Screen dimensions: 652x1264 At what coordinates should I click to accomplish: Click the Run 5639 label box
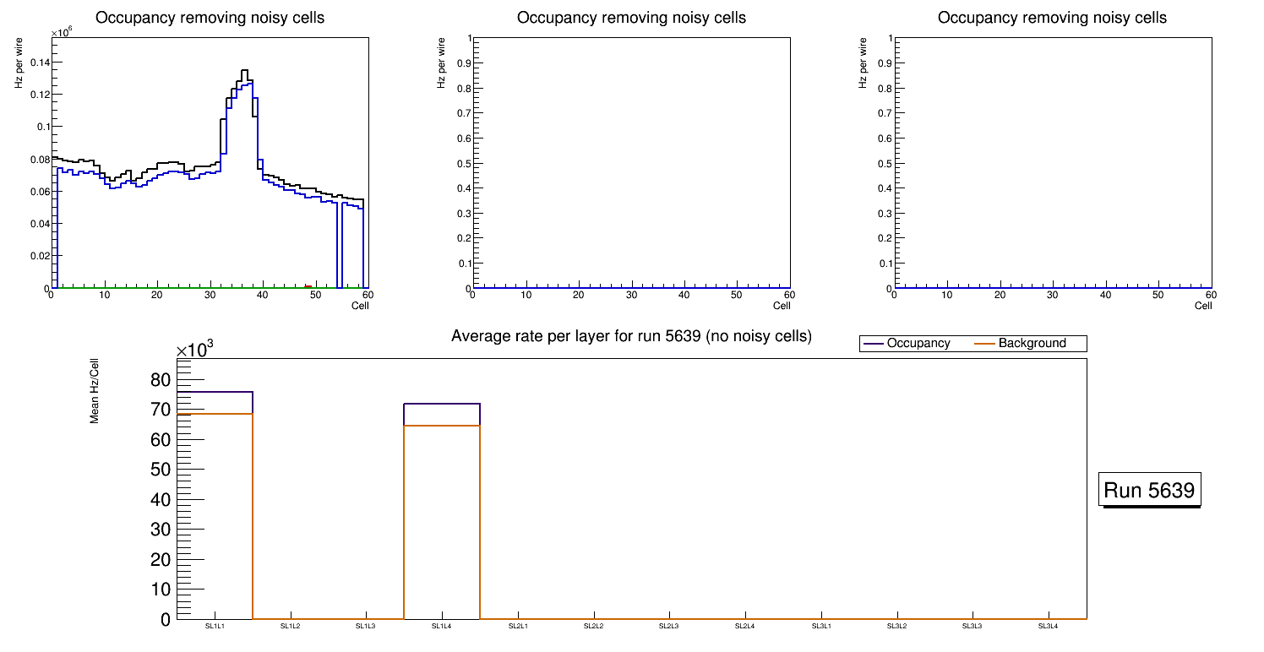click(x=1151, y=490)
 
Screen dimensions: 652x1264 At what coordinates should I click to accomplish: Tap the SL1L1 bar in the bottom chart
click(x=215, y=507)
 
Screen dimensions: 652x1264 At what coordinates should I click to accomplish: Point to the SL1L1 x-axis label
click(x=215, y=626)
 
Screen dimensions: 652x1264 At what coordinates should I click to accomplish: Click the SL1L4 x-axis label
click(x=442, y=626)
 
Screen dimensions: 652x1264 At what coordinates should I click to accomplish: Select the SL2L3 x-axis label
click(x=669, y=626)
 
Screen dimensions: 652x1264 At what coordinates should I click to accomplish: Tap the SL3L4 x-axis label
click(x=1048, y=626)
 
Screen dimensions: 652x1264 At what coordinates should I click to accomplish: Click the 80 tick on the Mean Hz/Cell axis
click(x=160, y=380)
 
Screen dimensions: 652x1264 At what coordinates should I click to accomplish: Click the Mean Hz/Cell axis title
click(x=95, y=389)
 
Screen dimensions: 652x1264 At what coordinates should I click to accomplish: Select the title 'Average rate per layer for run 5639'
click(x=631, y=336)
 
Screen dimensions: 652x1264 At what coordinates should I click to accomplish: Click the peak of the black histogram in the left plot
click(x=244, y=71)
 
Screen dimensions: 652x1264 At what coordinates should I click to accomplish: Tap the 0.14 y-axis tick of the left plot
click(x=37, y=62)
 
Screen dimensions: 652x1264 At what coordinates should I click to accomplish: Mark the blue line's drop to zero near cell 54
click(x=338, y=245)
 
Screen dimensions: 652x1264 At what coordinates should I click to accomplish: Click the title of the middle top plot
click(x=631, y=18)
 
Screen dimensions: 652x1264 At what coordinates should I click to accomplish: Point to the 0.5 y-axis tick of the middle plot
click(x=462, y=163)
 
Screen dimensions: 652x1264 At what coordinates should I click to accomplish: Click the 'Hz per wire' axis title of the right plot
click(x=863, y=62)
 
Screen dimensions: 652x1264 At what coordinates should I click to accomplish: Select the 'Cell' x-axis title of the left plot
click(x=360, y=306)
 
